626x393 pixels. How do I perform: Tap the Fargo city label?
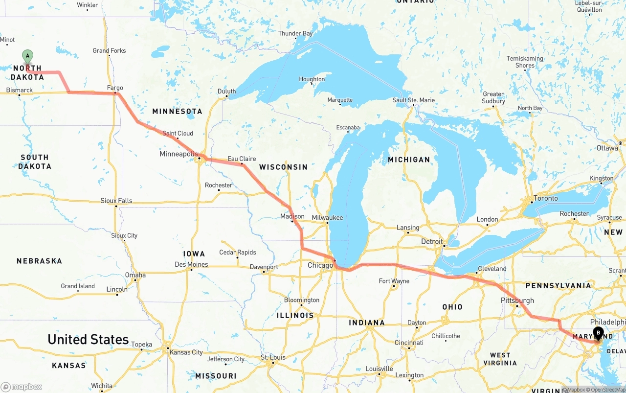click(115, 88)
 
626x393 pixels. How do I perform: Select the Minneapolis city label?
click(179, 154)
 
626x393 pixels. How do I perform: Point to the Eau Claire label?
click(242, 159)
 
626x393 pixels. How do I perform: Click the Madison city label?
click(292, 216)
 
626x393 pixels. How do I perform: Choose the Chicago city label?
click(320, 265)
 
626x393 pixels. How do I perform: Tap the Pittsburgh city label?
click(517, 301)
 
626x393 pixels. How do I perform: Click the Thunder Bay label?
click(295, 34)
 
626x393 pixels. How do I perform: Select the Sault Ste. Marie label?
click(414, 100)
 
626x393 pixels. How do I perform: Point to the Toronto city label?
click(545, 198)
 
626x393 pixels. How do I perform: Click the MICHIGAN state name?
click(409, 160)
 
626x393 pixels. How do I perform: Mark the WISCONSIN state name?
click(283, 167)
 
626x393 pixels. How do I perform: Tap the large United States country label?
click(88, 339)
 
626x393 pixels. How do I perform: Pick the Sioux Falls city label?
click(116, 201)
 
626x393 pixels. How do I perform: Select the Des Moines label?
click(191, 264)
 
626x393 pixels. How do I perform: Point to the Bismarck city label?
click(20, 90)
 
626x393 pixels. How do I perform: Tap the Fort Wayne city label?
click(394, 281)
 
